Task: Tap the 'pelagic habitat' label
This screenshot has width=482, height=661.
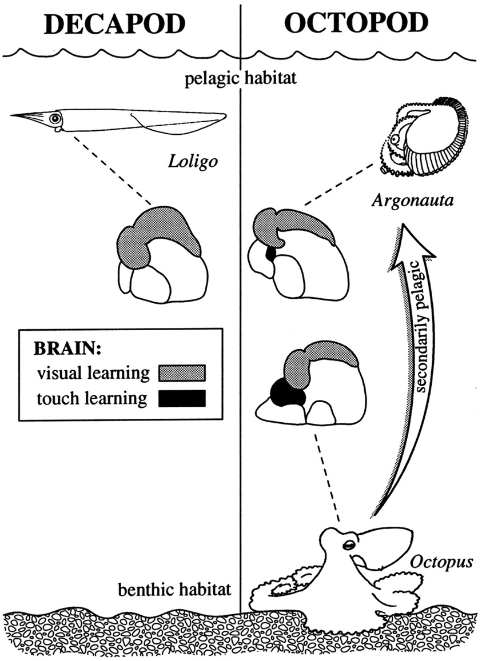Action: tap(240, 78)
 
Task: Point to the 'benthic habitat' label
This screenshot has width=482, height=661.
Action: tap(176, 589)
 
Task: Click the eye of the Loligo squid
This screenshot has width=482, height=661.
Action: tap(55, 119)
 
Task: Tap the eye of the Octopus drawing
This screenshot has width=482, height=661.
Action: tap(348, 547)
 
